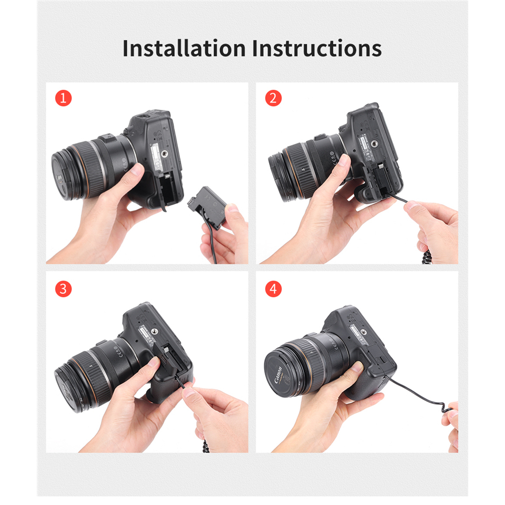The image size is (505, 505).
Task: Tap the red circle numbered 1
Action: [x=63, y=98]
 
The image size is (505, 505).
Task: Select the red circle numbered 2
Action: [x=273, y=98]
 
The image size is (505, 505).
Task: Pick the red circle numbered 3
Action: [x=63, y=289]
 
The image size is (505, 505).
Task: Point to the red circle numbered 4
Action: [x=273, y=289]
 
